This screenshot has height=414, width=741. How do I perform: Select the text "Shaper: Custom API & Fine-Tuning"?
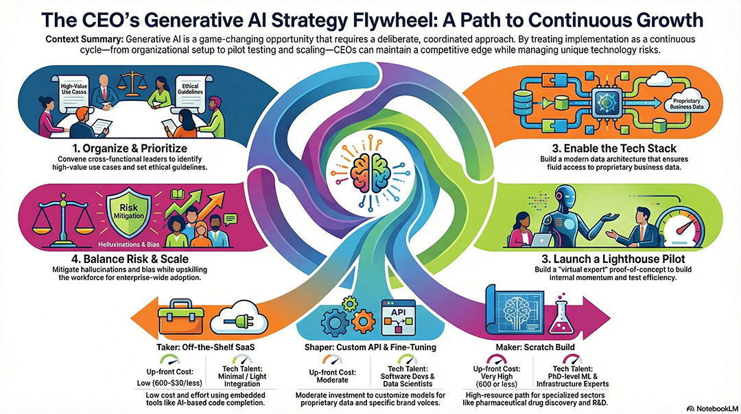click(370, 347)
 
